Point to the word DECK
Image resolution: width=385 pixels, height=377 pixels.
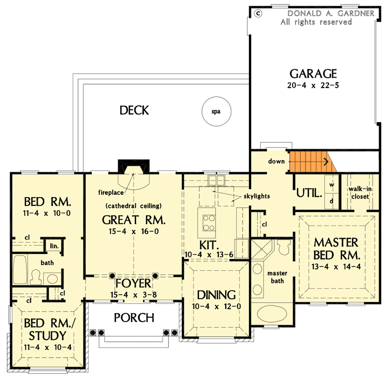(134, 111)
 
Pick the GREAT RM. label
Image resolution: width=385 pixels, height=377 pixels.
(134, 220)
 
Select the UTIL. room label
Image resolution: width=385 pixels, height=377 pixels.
(308, 193)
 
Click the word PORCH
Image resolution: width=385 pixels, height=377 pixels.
(134, 317)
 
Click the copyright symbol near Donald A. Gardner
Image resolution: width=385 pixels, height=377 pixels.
(258, 13)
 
